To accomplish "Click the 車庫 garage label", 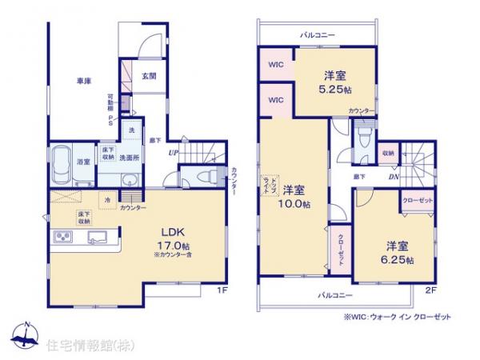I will pos(82,80).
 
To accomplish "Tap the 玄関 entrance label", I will pos(149,76).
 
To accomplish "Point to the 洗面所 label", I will pos(129,158).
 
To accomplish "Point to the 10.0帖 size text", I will pos(294,204).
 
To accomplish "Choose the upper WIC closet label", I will pos(275,65).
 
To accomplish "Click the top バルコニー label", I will pos(318,35).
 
